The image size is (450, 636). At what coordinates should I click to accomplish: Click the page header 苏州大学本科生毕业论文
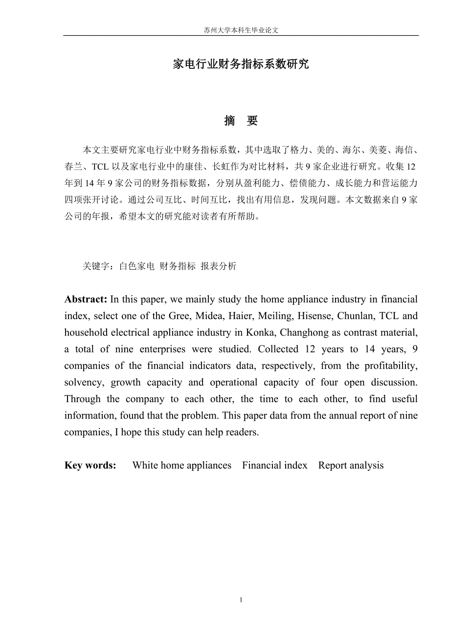point(241,30)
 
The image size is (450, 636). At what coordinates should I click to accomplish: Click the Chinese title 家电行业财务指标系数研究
point(241,64)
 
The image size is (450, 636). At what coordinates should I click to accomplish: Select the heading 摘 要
point(241,121)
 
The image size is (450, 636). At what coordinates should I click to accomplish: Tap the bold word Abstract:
point(86,299)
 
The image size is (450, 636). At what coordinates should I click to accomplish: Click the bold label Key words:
point(90,466)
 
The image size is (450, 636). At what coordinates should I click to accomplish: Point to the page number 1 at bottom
point(241,600)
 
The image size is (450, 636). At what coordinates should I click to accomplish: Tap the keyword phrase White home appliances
point(181,466)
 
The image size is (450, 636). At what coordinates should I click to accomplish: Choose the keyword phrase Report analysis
point(351,466)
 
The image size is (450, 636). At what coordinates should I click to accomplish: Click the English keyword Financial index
point(274,466)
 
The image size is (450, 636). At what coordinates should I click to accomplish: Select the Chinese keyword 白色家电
point(137,266)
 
